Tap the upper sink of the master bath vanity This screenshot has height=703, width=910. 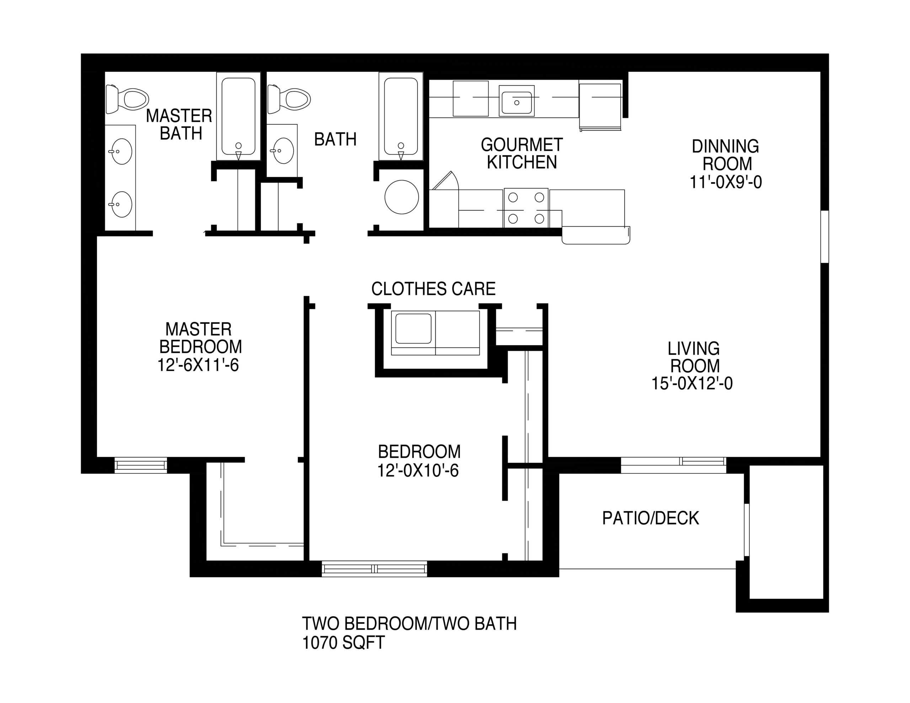coord(121,151)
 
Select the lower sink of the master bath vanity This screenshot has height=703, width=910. coord(121,204)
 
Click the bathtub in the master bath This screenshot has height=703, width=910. coord(238,116)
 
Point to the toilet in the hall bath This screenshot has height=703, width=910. coord(289,99)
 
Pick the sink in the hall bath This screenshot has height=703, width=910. coord(283,150)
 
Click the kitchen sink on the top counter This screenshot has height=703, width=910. coord(516,101)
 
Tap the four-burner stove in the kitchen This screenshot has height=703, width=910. coord(526,208)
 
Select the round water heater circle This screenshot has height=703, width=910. coord(402,197)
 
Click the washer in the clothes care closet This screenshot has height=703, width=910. coord(413,333)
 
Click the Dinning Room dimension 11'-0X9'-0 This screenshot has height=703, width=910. coord(726,182)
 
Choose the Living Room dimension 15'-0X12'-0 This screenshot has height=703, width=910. coord(692,383)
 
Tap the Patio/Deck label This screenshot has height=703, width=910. coord(651,518)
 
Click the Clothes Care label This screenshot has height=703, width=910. coord(433,289)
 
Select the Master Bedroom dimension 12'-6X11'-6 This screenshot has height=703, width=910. coord(198,365)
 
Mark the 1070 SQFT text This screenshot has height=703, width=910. coord(343,643)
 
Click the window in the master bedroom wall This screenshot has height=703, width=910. coord(141,465)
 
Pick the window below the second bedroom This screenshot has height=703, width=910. coord(375,569)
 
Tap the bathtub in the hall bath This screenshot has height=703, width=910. coord(401,116)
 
